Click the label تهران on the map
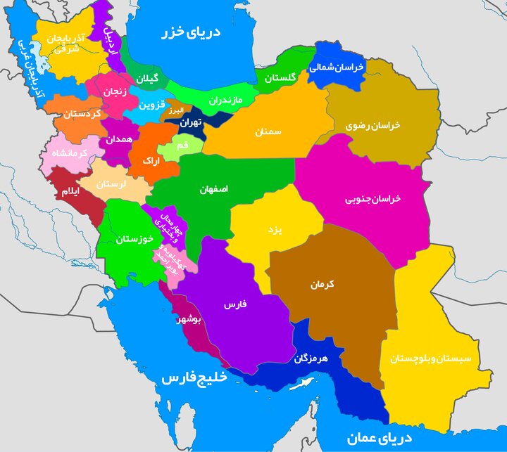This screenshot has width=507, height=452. tap(190, 122)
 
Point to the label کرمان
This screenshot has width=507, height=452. tap(321, 285)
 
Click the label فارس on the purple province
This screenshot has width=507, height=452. tap(233, 305)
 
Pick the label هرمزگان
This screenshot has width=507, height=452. tap(311, 357)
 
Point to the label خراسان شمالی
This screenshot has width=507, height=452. tap(337, 67)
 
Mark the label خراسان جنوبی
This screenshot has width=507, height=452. tap(373, 199)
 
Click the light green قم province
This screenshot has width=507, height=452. tap(181, 146)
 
